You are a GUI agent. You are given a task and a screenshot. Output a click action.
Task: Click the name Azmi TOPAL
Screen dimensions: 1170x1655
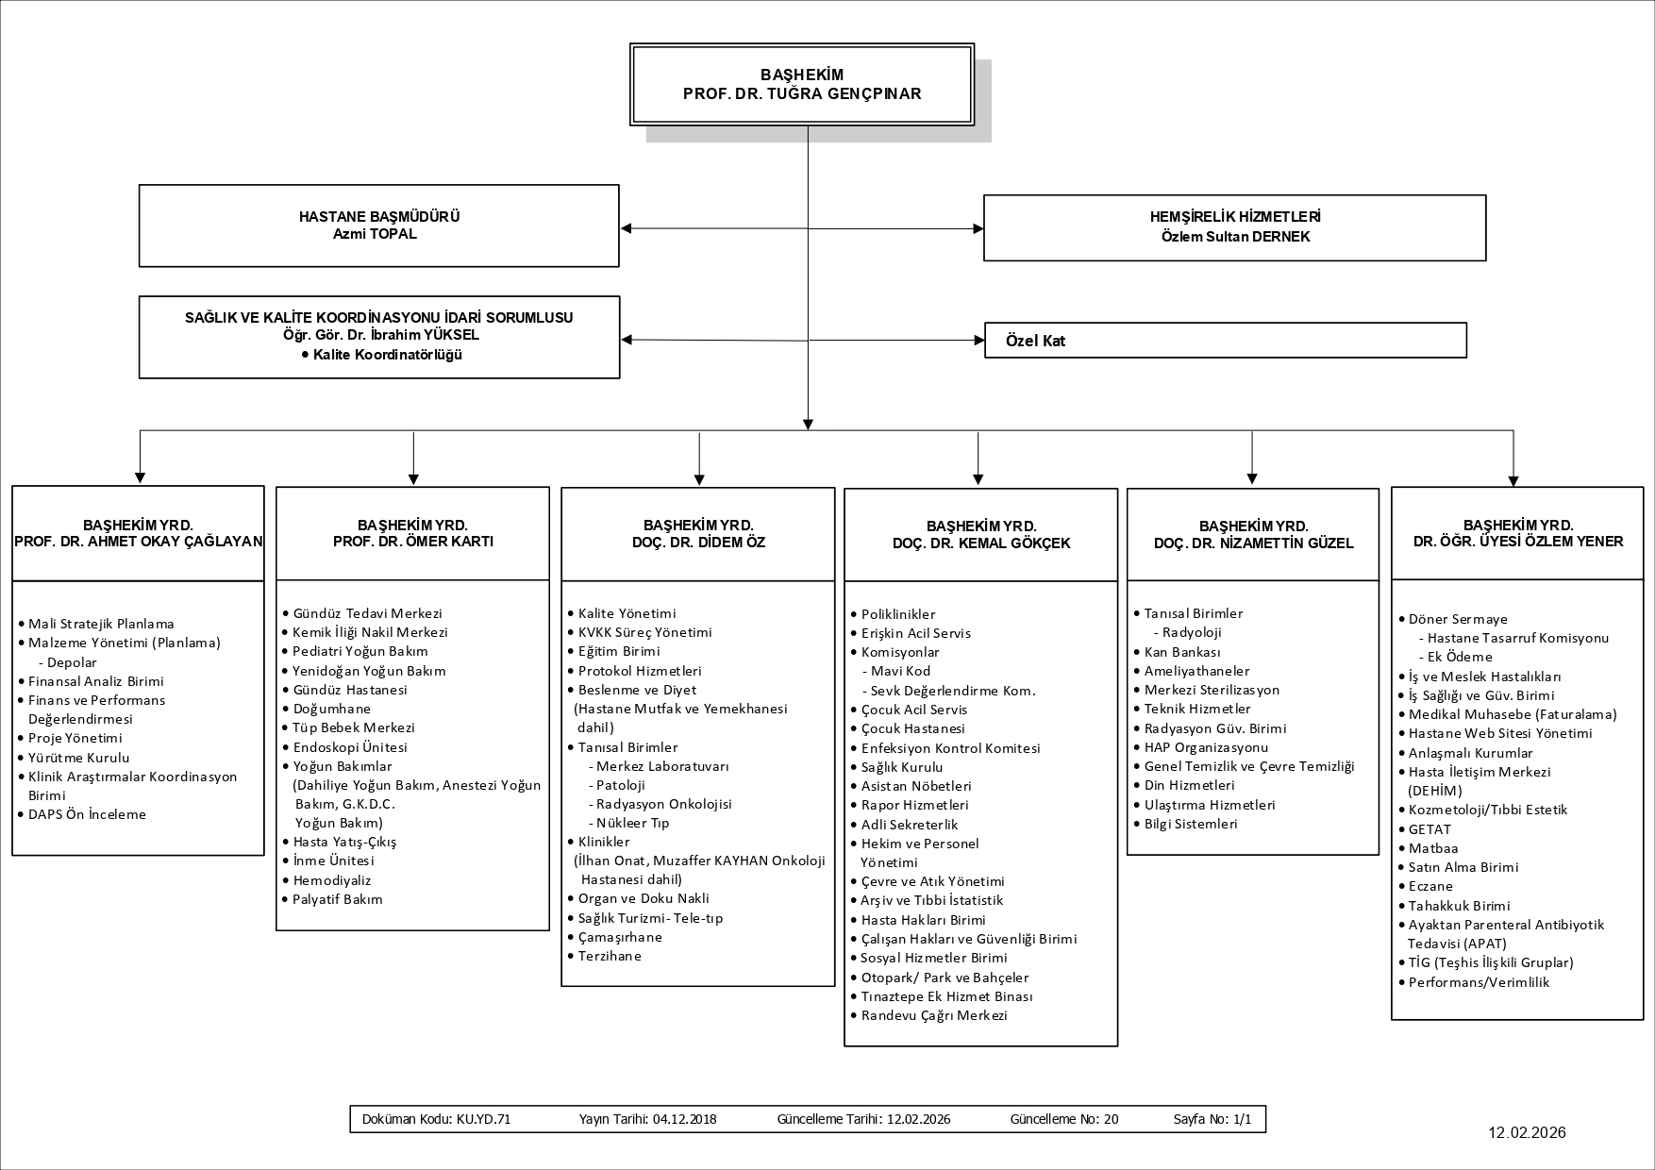coord(375,234)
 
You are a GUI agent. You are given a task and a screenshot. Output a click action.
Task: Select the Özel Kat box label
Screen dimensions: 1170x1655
coord(1035,341)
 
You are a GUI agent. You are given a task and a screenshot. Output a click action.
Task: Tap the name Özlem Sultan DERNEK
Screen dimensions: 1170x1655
coord(1235,237)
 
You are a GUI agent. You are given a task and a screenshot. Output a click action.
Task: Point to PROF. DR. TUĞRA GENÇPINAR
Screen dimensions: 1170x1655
coord(802,93)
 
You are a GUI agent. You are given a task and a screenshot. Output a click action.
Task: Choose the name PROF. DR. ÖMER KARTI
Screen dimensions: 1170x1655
coord(412,542)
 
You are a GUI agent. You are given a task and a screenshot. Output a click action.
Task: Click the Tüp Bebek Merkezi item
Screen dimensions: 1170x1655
coord(354,727)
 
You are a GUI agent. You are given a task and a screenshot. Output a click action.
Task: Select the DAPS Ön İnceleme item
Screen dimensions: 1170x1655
coord(87,814)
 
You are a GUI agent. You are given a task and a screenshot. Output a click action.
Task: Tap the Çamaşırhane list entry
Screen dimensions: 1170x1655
coord(620,937)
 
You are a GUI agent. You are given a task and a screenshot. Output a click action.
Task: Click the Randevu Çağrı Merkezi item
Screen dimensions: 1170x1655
coord(934,1015)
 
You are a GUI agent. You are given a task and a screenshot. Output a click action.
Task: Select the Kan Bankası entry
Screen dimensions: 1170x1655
coord(1182,652)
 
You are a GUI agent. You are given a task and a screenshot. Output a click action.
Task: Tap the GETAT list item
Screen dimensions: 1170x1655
coord(1429,829)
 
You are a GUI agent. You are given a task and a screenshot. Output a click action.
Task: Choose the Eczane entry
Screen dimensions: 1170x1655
coord(1430,886)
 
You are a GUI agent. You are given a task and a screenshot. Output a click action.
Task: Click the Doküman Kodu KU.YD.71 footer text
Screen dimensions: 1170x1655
coord(436,1119)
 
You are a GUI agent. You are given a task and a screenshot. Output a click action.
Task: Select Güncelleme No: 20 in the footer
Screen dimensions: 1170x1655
coord(1063,1119)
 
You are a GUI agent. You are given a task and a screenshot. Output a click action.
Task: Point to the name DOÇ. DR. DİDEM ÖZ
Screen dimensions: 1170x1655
coord(698,543)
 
